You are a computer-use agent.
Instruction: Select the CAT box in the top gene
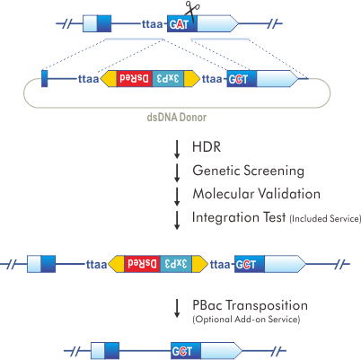pos(178,24)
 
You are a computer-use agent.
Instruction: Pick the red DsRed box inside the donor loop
pos(137,79)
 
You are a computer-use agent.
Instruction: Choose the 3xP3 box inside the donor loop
pos(172,79)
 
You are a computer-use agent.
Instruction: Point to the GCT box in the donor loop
pos(239,79)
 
